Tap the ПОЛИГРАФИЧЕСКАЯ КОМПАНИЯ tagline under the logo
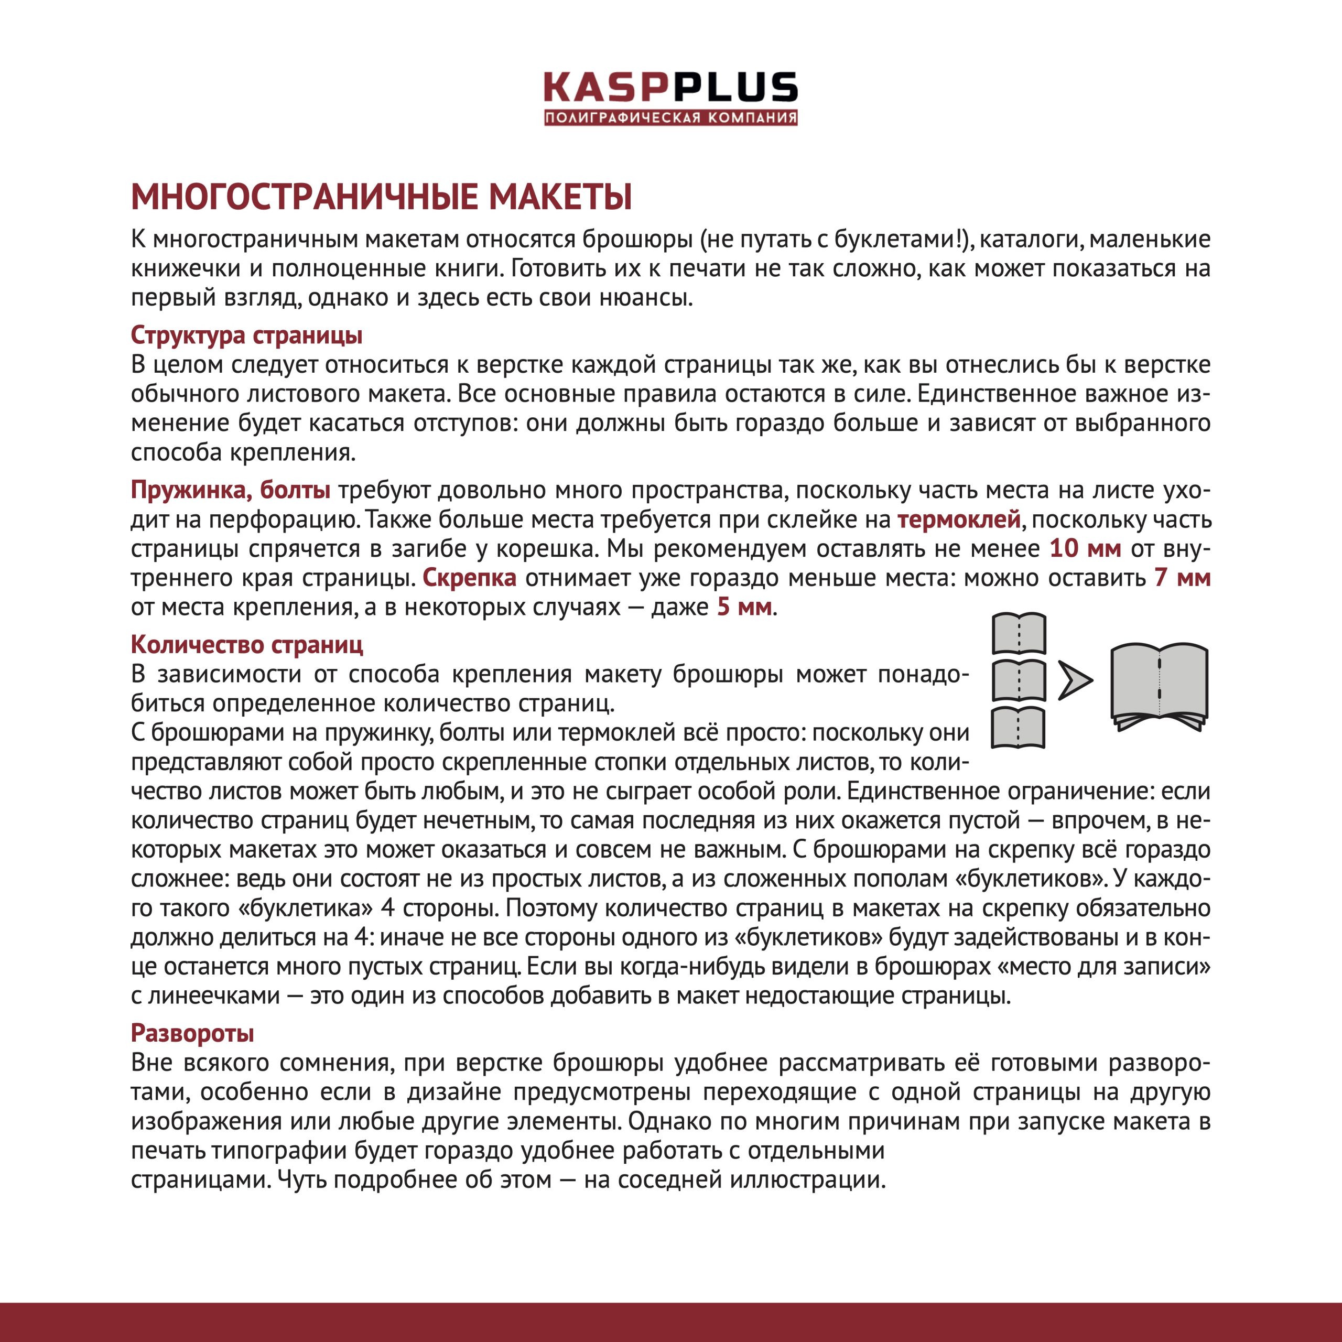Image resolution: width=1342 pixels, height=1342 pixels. click(670, 117)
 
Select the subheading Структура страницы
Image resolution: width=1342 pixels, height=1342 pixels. click(246, 335)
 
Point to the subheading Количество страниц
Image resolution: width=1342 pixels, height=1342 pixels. click(246, 645)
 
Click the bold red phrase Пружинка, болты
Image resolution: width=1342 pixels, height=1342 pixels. click(231, 490)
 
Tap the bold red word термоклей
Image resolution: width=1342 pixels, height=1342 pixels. click(959, 519)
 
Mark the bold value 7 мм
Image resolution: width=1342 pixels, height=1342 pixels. click(1182, 577)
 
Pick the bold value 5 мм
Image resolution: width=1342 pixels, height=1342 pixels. click(744, 607)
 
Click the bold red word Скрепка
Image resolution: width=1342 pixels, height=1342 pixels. click(470, 577)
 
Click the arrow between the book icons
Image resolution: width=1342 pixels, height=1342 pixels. click(1075, 681)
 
